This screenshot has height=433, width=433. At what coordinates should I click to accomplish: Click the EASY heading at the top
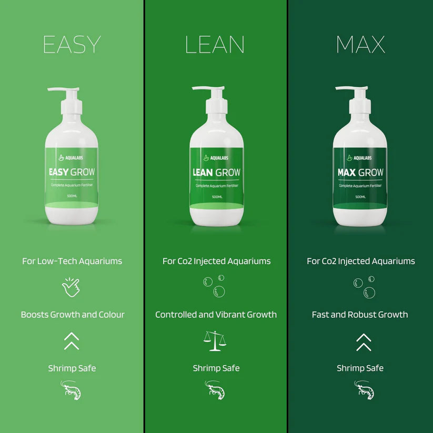(72, 45)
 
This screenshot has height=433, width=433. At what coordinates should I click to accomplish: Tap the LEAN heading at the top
(215, 45)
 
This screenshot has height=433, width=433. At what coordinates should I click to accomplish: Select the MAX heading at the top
(360, 45)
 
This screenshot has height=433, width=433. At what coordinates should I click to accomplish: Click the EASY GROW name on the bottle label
(72, 172)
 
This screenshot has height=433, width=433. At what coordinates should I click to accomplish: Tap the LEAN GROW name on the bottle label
(216, 172)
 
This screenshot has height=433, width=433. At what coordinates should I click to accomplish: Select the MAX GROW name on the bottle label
(360, 172)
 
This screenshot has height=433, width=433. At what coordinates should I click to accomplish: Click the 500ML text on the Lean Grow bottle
(216, 197)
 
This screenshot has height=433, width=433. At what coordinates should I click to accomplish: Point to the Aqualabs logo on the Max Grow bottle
(360, 157)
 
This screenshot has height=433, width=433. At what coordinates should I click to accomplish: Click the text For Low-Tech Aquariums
(72, 261)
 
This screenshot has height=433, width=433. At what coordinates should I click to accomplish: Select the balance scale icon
(215, 341)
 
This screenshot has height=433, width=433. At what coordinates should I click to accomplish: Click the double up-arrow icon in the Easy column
(72, 341)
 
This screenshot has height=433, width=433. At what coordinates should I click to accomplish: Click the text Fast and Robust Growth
(360, 315)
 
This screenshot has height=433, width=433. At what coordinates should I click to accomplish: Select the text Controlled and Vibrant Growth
(216, 315)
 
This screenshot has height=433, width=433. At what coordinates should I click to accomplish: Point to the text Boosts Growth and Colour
(73, 315)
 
